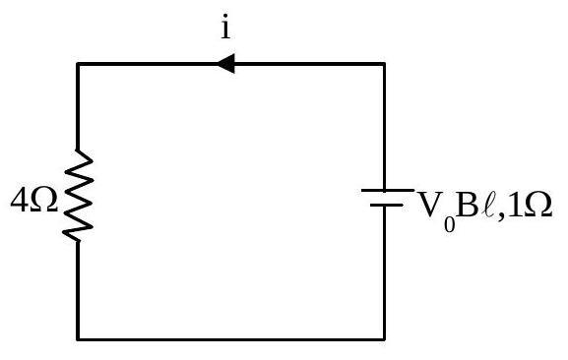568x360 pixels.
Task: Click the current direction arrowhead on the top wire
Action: coord(226,64)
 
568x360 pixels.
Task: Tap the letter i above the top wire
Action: coord(225,27)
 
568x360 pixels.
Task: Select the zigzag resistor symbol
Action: coord(78,196)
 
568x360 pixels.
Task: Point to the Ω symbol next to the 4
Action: coord(43,201)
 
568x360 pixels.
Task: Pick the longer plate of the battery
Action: coord(388,190)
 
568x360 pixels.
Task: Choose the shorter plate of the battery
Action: coord(387,206)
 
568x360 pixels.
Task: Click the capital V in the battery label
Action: coord(431,205)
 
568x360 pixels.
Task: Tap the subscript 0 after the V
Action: coord(449,224)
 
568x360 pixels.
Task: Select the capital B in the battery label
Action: coord(467,205)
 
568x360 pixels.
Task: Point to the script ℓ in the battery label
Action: coord(487,205)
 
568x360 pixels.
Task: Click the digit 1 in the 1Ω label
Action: coord(515,205)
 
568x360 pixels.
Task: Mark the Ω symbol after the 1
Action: coord(537,205)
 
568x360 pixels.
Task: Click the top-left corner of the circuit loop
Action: coord(78,64)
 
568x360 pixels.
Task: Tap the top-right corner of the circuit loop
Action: coord(384,64)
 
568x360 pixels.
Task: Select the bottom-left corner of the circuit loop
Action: coord(78,339)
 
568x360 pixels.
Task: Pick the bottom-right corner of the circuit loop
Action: coord(384,339)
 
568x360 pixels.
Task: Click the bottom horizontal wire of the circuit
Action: coord(230,339)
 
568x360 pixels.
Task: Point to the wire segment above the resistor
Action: coord(78,107)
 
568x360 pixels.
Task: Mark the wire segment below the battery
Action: coord(384,273)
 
